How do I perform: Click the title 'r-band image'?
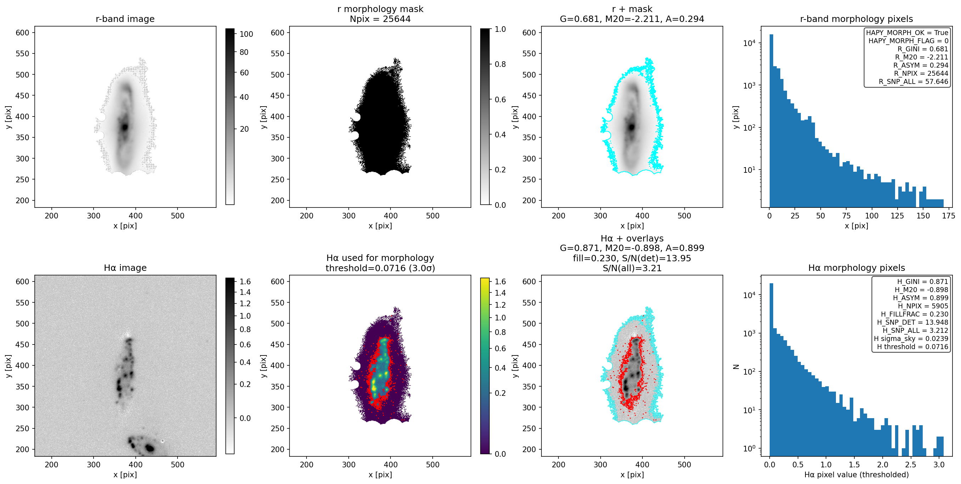[125, 19]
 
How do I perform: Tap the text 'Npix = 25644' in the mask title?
[380, 19]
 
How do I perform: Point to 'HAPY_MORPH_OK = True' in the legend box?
[907, 33]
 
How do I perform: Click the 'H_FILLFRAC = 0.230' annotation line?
[914, 314]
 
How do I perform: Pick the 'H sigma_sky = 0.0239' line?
[911, 338]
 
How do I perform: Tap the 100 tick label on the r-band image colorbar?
[246, 34]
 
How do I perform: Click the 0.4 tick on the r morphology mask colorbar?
[500, 135]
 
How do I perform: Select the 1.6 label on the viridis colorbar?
[500, 281]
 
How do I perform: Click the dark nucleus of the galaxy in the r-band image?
[125, 127]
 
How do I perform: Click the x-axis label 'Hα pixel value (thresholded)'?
[856, 475]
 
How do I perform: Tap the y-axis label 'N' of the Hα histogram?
[736, 366]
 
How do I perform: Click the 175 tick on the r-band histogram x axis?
[948, 216]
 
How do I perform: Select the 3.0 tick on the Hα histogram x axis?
[939, 465]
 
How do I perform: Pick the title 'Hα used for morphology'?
[380, 258]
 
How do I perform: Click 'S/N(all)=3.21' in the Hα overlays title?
[632, 268]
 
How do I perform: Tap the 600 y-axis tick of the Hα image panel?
[22, 281]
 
